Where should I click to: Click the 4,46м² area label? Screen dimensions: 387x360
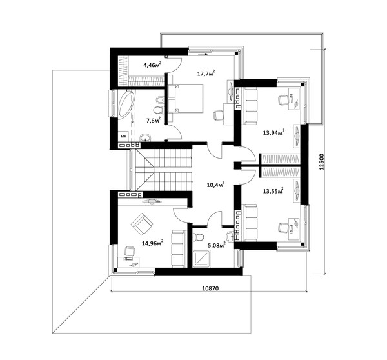pyautogui.click(x=152, y=65)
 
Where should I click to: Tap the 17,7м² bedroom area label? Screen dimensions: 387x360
pyautogui.click(x=206, y=73)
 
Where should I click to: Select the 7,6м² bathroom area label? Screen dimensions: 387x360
pyautogui.click(x=154, y=120)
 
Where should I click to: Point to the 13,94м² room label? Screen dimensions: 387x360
pyautogui.click(x=273, y=132)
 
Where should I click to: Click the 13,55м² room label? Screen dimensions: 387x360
pyautogui.click(x=273, y=191)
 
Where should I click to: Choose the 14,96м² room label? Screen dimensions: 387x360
pyautogui.click(x=152, y=243)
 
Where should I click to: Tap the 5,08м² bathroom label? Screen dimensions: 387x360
pyautogui.click(x=217, y=245)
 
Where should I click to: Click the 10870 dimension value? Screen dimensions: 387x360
pyautogui.click(x=210, y=288)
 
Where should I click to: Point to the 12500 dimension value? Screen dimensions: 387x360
pyautogui.click(x=321, y=162)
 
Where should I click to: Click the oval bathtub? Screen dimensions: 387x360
pyautogui.click(x=126, y=105)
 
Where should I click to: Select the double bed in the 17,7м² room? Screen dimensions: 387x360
pyautogui.click(x=185, y=99)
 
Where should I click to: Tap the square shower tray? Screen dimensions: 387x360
pyautogui.click(x=201, y=259)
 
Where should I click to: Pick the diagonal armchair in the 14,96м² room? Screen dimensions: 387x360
pyautogui.click(x=142, y=224)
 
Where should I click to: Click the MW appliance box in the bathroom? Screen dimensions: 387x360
pyautogui.click(x=123, y=136)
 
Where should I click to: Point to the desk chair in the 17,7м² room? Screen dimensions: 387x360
pyautogui.click(x=218, y=115)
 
